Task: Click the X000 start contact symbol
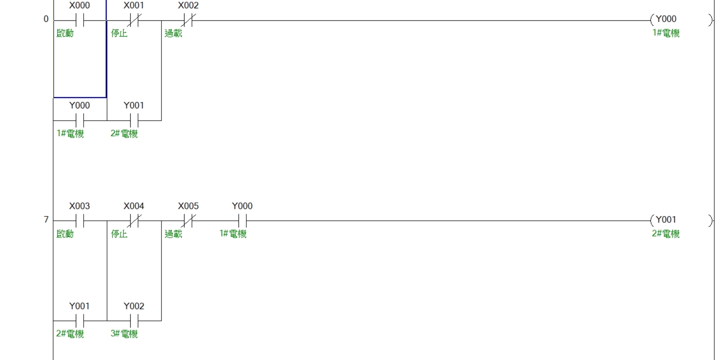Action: click(x=80, y=20)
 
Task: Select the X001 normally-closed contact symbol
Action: click(x=134, y=20)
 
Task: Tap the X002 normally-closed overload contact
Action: click(x=188, y=20)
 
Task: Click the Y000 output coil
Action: click(x=681, y=20)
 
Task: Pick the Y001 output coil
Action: click(x=681, y=221)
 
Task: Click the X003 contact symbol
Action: click(x=80, y=221)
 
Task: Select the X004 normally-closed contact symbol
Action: click(x=134, y=221)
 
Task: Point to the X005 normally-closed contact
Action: click(x=188, y=221)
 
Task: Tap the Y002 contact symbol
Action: click(x=134, y=321)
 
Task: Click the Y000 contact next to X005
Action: click(x=242, y=221)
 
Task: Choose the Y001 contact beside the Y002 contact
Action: click(x=80, y=321)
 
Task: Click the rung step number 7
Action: click(x=46, y=220)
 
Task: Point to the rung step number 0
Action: click(x=46, y=19)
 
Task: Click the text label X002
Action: click(x=188, y=6)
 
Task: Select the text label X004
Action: click(x=134, y=206)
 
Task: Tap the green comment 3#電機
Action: click(x=124, y=333)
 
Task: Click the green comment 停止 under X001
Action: click(x=119, y=33)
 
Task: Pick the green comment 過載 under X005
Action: click(x=174, y=234)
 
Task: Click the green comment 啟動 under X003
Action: click(x=65, y=234)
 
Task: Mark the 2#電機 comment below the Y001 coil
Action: click(x=666, y=234)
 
